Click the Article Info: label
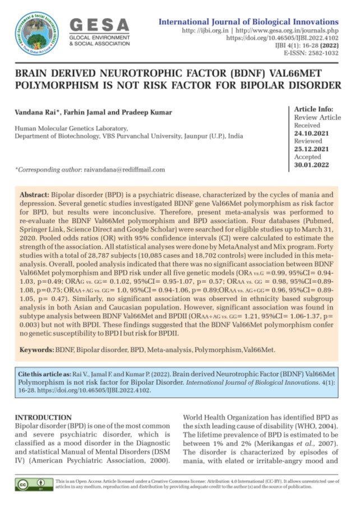[x=315, y=109]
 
